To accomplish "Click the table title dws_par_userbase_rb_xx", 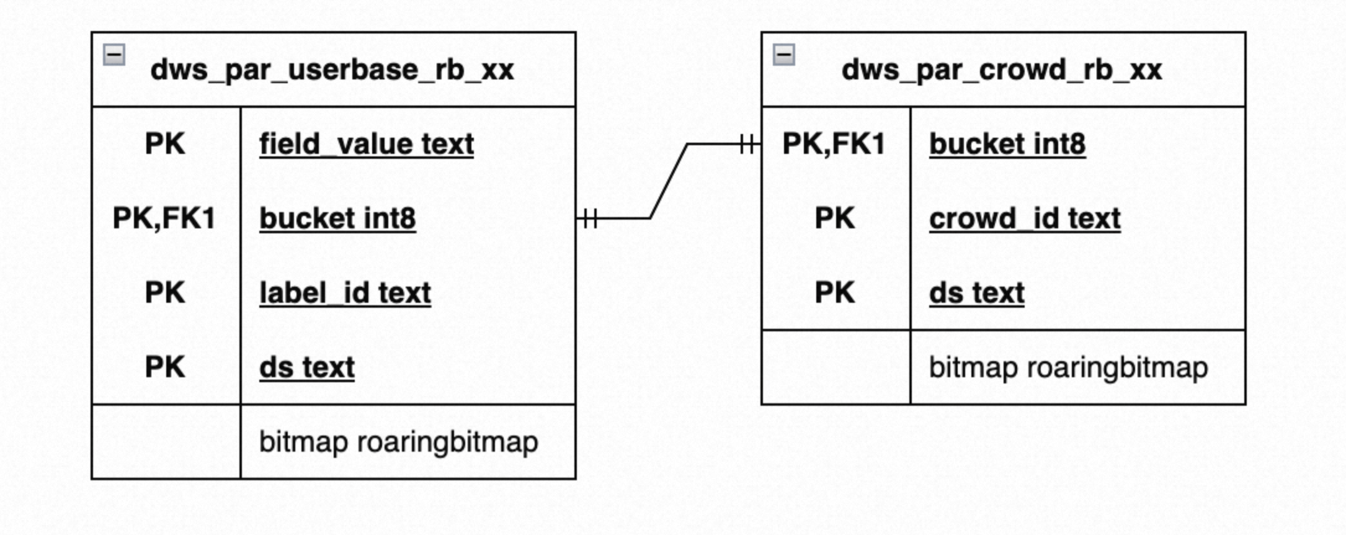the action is (x=332, y=70).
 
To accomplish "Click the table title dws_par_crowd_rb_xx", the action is (x=1002, y=70).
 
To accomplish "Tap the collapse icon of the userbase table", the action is (x=114, y=55).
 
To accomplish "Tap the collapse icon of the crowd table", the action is (x=784, y=55).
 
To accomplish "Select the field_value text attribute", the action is (x=367, y=144).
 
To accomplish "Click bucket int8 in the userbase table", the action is (x=337, y=218).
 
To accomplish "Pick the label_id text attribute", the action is (x=345, y=293).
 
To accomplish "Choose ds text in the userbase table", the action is (x=307, y=367).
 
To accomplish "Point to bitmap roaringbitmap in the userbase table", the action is (x=399, y=442).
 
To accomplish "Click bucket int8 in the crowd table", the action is (x=1007, y=144).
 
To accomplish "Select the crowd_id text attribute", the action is (x=1025, y=218).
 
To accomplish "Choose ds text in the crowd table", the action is (x=977, y=293).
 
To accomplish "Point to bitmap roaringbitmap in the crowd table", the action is (x=1069, y=367).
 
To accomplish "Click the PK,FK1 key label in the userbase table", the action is (x=164, y=218).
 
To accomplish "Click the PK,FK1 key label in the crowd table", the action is (x=834, y=144).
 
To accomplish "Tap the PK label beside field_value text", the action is (x=165, y=144).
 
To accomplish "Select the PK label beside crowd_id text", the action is (x=835, y=218).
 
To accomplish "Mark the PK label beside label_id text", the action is (x=165, y=293).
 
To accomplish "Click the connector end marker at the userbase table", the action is (x=589, y=218).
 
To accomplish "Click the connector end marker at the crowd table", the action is (x=748, y=144).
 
